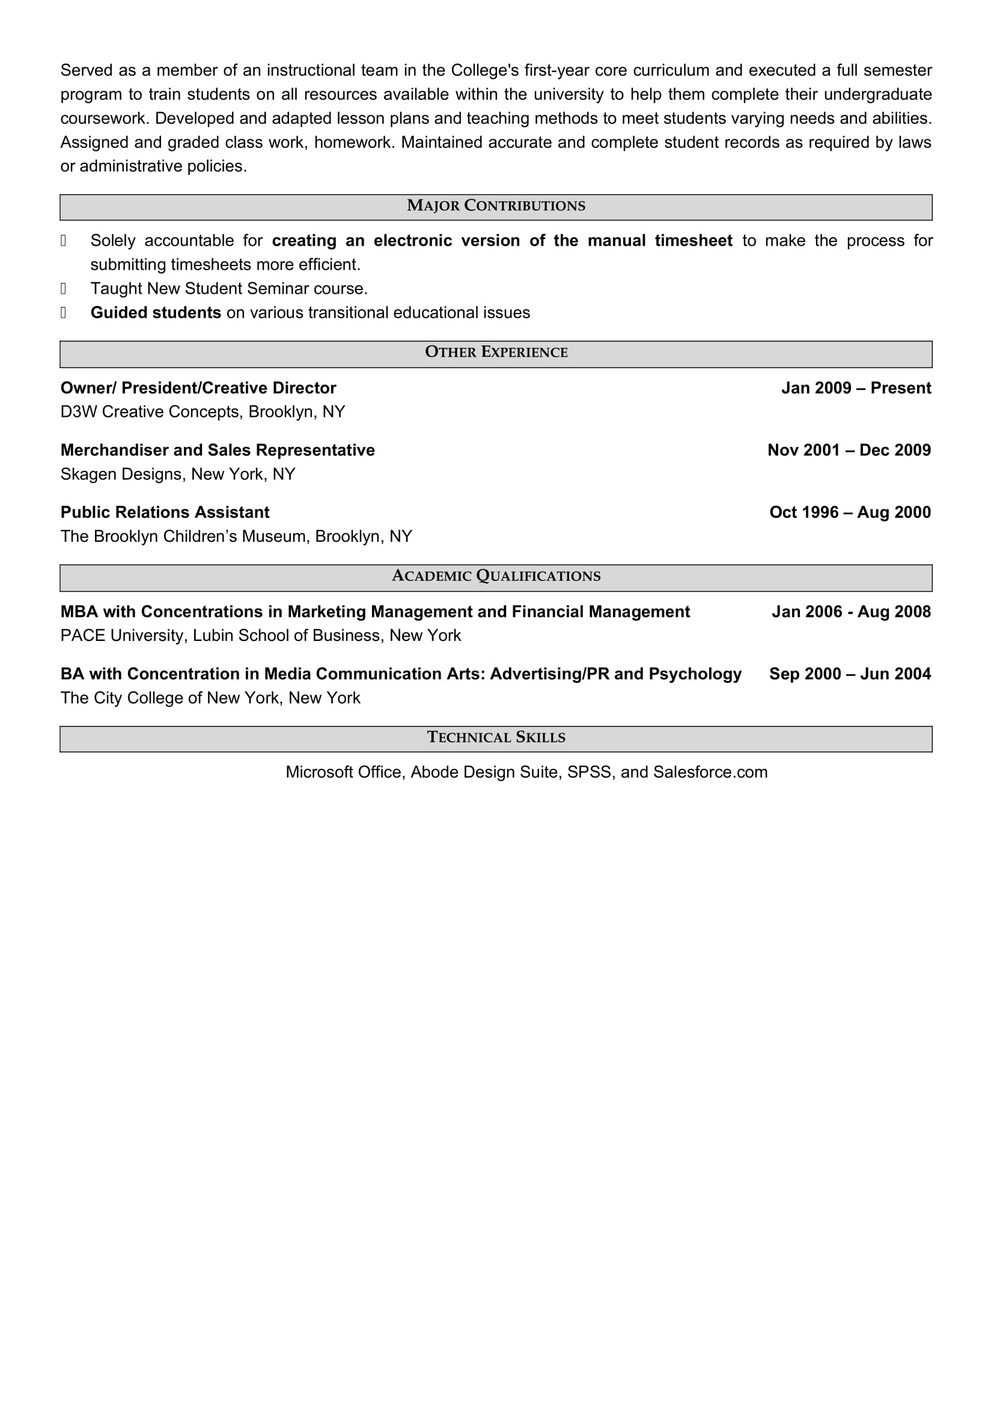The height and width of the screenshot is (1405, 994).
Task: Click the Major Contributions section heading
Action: (x=496, y=206)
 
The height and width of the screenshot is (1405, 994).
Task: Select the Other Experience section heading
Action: (x=496, y=353)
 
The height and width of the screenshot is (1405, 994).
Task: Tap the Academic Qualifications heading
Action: (x=496, y=577)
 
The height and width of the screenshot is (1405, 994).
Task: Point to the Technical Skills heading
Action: (x=496, y=738)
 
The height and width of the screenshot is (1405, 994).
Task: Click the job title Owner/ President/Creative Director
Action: (x=198, y=388)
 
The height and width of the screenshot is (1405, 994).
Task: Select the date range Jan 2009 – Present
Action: (x=856, y=388)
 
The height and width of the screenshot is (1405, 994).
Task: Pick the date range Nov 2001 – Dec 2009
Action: (x=849, y=451)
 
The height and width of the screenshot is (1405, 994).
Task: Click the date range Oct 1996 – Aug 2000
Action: (x=850, y=512)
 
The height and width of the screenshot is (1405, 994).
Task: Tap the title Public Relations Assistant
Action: (x=165, y=512)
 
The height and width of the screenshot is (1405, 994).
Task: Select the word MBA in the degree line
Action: (x=79, y=612)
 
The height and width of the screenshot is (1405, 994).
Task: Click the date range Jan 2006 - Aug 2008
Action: (x=851, y=612)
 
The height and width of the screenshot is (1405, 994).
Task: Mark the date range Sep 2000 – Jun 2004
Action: (x=850, y=675)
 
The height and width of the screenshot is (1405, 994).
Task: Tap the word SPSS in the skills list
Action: (x=589, y=772)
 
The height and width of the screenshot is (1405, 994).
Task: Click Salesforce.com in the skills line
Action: (x=710, y=772)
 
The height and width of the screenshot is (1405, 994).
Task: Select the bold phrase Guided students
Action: (x=156, y=313)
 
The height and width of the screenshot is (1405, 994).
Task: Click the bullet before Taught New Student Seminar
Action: (x=63, y=289)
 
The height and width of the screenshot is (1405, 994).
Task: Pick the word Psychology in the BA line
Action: (x=695, y=675)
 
